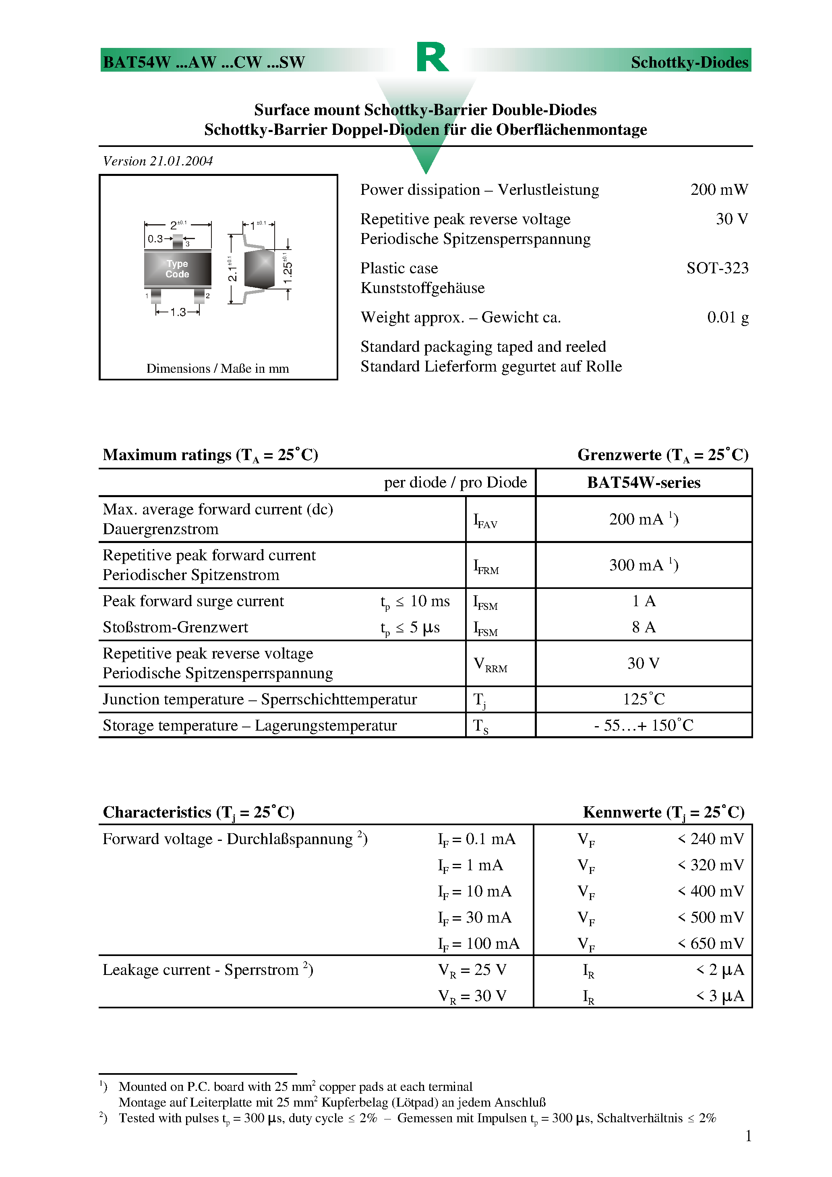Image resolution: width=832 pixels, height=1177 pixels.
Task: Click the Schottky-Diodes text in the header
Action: point(689,62)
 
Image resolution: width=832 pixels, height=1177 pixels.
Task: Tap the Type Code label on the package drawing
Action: point(177,268)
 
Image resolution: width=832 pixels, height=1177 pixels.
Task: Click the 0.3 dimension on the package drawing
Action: point(155,238)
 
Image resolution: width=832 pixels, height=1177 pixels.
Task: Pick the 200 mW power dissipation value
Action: point(719,190)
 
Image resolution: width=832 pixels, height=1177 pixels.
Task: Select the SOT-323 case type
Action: point(717,268)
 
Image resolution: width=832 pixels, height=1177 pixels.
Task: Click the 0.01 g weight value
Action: point(727,317)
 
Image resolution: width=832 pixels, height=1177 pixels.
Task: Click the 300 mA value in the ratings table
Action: point(643,565)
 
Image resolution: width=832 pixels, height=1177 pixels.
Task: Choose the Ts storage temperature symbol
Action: point(480,726)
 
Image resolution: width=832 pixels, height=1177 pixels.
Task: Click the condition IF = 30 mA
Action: point(474,918)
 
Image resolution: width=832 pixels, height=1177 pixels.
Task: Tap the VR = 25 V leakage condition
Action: point(472,970)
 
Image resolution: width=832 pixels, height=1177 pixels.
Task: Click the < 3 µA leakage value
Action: point(719,996)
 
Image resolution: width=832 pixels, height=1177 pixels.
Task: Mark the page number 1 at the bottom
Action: point(748,1136)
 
